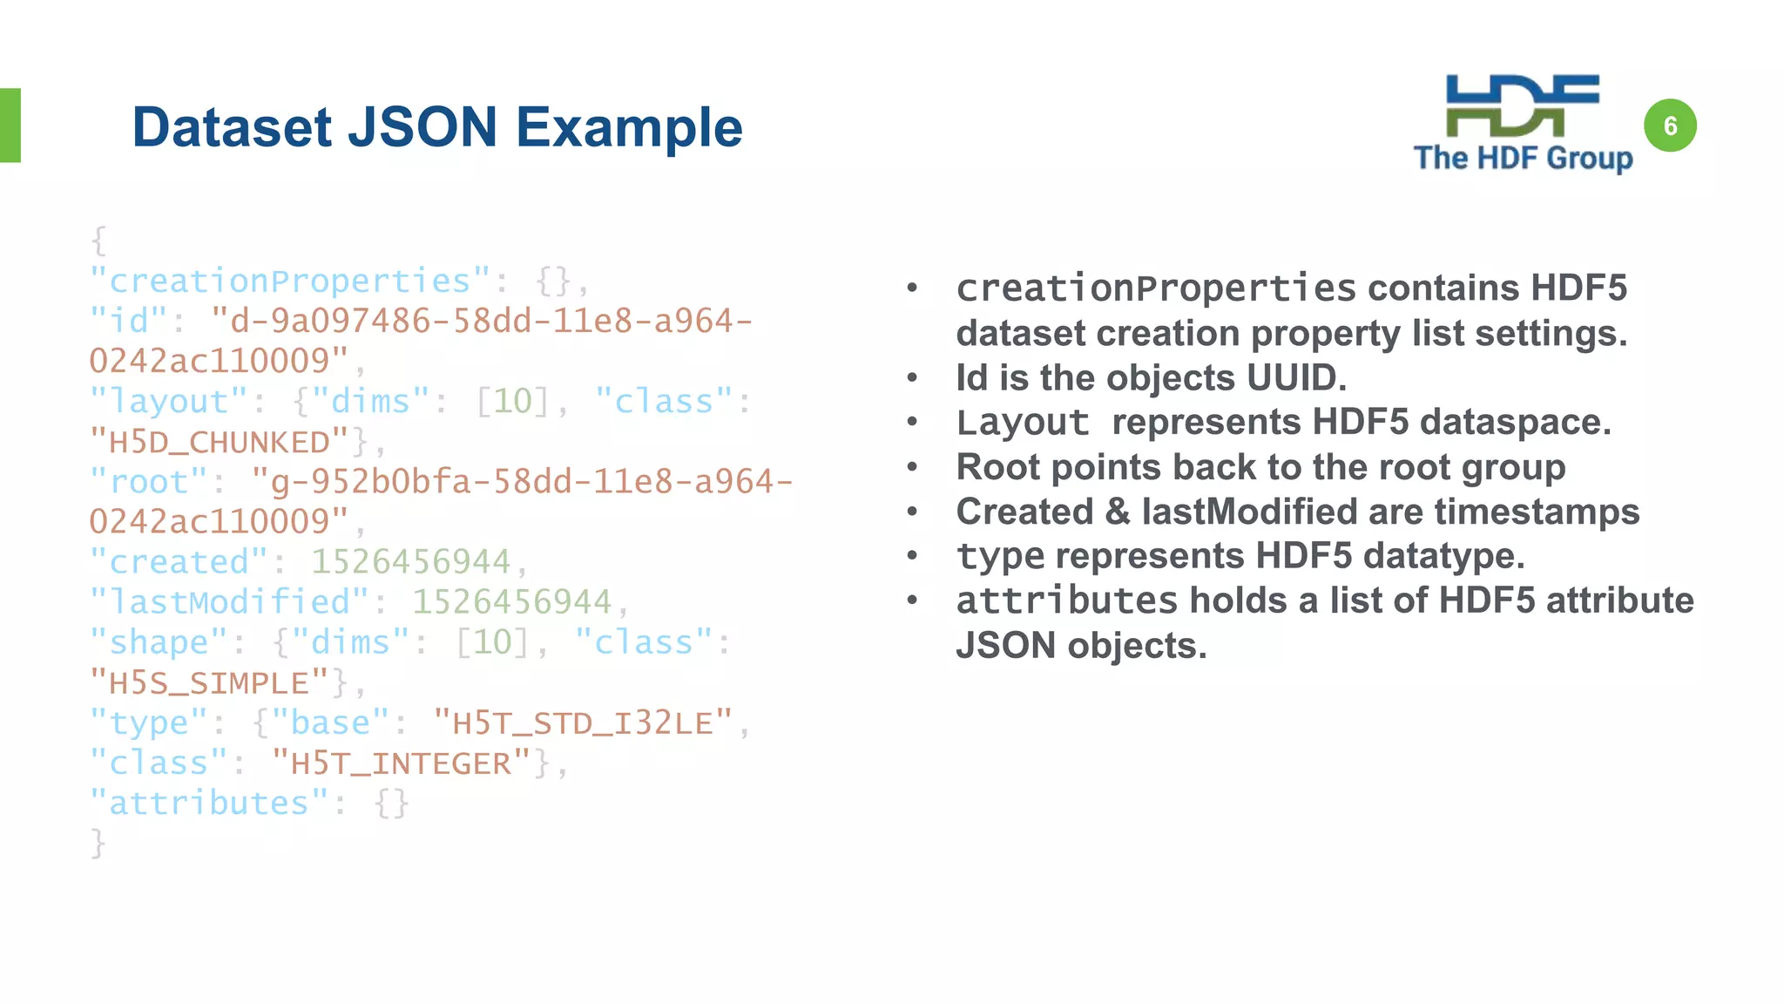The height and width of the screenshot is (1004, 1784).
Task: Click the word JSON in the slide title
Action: point(422,127)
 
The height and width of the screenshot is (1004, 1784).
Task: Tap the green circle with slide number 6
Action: point(1669,126)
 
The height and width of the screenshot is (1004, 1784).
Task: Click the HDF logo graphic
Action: point(1522,105)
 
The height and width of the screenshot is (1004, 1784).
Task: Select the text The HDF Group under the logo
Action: point(1523,159)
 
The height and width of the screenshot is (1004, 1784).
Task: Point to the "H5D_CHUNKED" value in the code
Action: point(219,442)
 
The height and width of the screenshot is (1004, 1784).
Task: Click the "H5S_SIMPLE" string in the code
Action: point(209,682)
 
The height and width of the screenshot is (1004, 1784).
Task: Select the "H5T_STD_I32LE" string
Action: point(583,722)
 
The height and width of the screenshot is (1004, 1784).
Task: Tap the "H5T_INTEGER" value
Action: point(401,763)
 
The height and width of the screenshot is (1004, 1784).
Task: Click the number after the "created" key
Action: point(410,562)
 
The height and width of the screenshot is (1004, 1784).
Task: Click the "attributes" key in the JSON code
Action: point(209,804)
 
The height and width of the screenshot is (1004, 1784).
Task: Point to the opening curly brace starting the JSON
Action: point(98,241)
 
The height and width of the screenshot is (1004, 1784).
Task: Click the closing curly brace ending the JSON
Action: point(98,844)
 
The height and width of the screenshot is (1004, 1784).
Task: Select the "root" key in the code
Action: point(149,482)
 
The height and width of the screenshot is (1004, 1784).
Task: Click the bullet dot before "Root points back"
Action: point(912,468)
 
